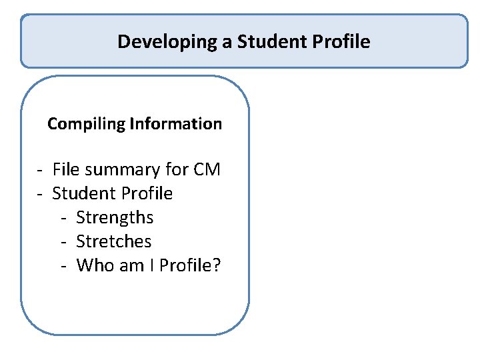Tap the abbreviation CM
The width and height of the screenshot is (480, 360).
click(207, 170)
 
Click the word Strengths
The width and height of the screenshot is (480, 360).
click(115, 218)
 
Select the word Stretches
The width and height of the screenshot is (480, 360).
click(114, 241)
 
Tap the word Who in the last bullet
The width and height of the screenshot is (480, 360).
click(94, 265)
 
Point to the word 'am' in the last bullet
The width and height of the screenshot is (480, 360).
click(129, 265)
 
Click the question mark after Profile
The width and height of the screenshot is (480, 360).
click(217, 265)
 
